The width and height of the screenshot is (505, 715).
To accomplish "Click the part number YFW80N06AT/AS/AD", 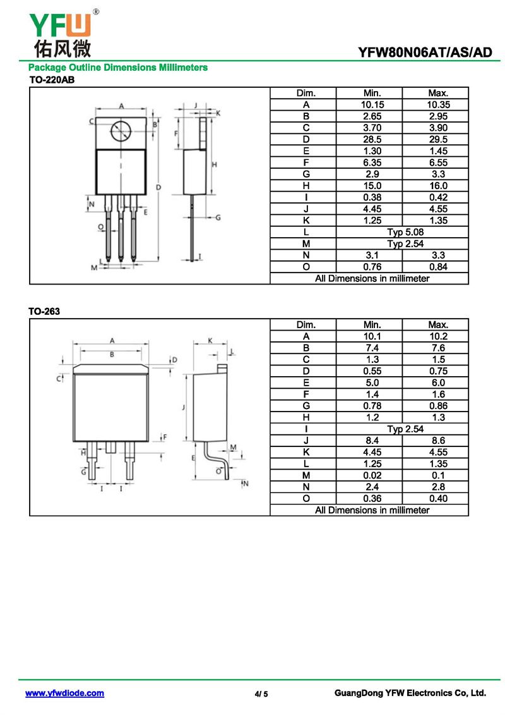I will [x=425, y=52].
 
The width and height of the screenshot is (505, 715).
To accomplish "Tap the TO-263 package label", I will [x=44, y=312].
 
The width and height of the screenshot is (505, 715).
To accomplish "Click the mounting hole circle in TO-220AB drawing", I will [x=121, y=131].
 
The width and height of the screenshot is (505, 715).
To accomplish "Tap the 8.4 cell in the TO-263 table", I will [x=372, y=441].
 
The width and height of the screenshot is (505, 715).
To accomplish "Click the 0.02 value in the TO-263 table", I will [x=372, y=475].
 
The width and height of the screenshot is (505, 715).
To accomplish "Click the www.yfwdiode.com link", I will [x=64, y=694].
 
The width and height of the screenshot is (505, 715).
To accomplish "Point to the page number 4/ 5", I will [x=261, y=694].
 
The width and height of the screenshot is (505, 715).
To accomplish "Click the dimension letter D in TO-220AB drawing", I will [x=158, y=187].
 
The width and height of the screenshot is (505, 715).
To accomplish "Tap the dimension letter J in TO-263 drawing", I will [x=182, y=408].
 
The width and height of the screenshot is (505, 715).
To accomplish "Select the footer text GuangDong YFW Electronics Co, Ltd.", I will [x=410, y=694].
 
